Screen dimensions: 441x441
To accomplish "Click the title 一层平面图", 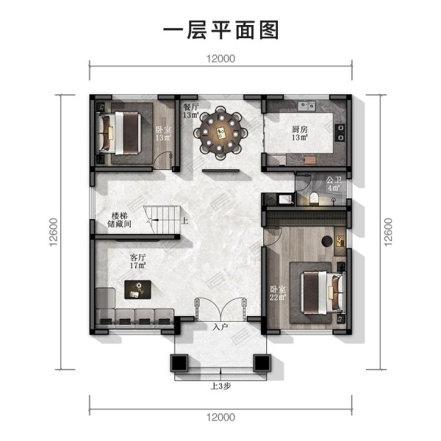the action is coord(220,30).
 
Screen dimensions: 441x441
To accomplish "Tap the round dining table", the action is coord(220,133).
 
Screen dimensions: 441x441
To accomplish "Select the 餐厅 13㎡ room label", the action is coord(190,111).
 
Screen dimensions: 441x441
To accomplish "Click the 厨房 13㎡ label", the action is coord(300,133).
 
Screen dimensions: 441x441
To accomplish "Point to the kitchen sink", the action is coord(306,106).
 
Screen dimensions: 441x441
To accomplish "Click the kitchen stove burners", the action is coord(340,132).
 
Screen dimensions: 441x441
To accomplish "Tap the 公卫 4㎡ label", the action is coord(334,184).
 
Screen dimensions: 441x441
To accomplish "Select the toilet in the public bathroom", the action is coord(314,198).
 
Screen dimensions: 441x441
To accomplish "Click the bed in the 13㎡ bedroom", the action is coord(118,133).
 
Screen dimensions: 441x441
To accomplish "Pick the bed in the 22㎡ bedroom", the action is coord(323,293).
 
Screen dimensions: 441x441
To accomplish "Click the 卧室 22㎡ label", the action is coord(278,293).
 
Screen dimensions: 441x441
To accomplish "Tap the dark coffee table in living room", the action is coord(138,290).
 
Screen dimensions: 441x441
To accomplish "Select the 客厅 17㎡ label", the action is coord(137,261).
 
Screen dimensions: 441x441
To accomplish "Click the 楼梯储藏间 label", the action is coord(119,220).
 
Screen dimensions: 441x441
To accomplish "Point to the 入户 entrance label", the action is coord(220,327).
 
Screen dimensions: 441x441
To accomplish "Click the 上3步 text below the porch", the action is coord(220,387).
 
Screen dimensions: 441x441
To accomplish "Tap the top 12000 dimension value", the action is coord(220,59).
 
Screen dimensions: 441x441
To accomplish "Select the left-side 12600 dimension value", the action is coord(54,232).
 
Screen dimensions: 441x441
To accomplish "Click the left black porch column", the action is coord(179,363).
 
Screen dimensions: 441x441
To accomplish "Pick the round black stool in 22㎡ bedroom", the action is coord(327,242).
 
